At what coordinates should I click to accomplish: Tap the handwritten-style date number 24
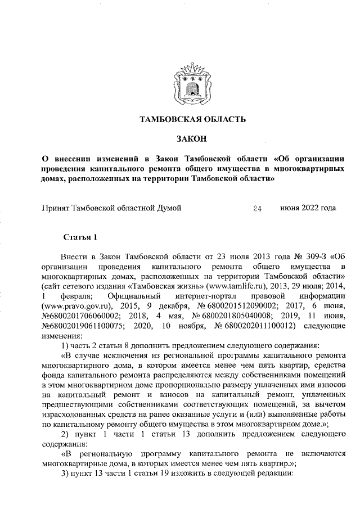coord(258,209)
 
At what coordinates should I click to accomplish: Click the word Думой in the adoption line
coord(168,208)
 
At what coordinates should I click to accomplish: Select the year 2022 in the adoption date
coord(310,208)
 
